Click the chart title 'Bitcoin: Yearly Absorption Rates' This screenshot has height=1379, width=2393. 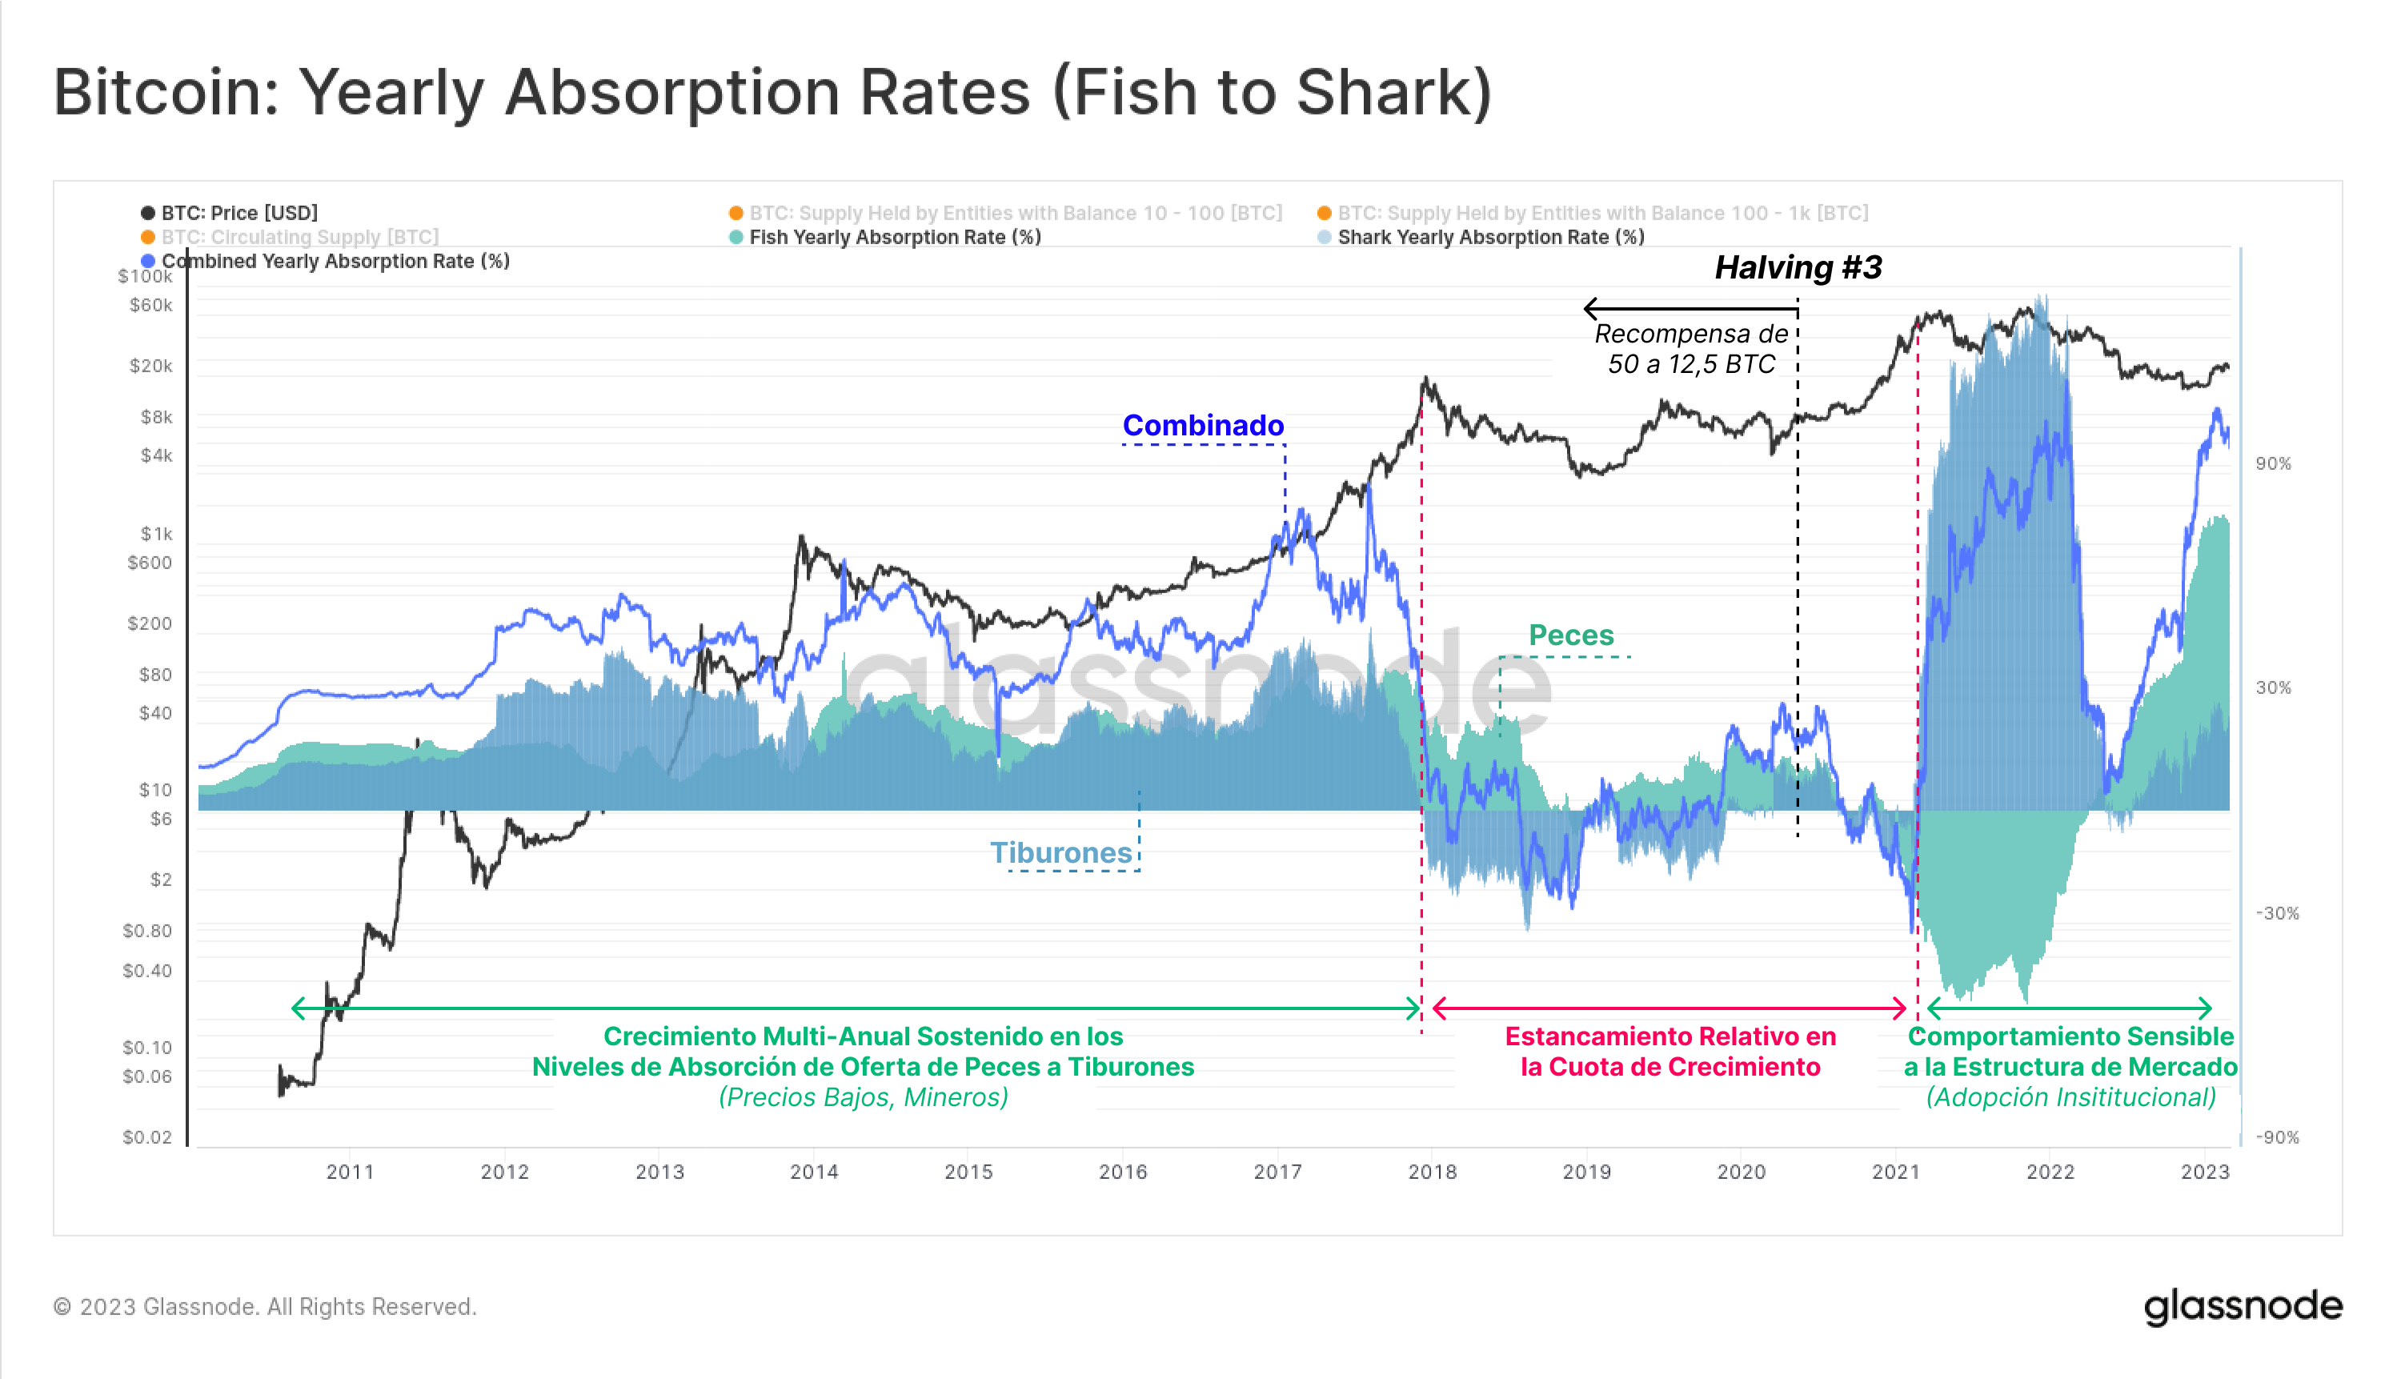click(x=772, y=93)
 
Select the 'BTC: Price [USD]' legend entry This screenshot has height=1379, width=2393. click(x=238, y=213)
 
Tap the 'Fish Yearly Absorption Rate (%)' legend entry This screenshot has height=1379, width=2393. click(x=894, y=237)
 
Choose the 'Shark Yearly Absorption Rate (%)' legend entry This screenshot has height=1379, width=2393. click(x=1489, y=237)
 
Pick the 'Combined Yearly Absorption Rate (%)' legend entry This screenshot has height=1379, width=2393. click(x=335, y=262)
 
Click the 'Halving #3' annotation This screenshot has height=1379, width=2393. click(x=1798, y=268)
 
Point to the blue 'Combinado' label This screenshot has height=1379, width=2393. click(x=1203, y=425)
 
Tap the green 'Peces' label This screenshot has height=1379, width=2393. click(x=1571, y=635)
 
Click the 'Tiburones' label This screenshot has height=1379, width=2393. click(x=1060, y=852)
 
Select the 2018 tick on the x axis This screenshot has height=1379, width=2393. click(x=1432, y=1172)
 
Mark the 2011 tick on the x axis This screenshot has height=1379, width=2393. click(x=350, y=1172)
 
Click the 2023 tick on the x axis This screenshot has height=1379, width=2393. click(x=2205, y=1172)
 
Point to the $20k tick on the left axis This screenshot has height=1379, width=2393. click(x=151, y=366)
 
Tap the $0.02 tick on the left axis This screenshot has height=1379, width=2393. click(x=148, y=1136)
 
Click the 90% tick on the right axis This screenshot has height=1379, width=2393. click(x=2273, y=463)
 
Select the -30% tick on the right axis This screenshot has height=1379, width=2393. click(x=2276, y=913)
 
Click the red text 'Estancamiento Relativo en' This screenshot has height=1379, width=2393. click(x=1670, y=1036)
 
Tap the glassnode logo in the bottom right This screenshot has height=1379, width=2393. click(x=2243, y=1306)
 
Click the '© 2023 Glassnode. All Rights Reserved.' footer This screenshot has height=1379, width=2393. click(x=265, y=1306)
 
